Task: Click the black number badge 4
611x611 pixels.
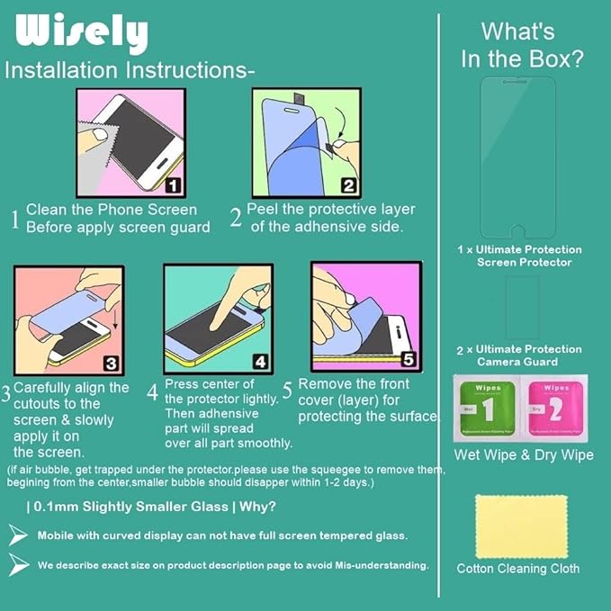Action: pos(260,362)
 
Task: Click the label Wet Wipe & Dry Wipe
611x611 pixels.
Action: pos(524,455)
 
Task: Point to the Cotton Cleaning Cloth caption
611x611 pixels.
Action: pos(518,569)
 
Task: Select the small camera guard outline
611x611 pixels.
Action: pos(521,307)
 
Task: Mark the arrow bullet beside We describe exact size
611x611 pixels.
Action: pos(18,566)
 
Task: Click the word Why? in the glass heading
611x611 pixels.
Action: pos(257,507)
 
